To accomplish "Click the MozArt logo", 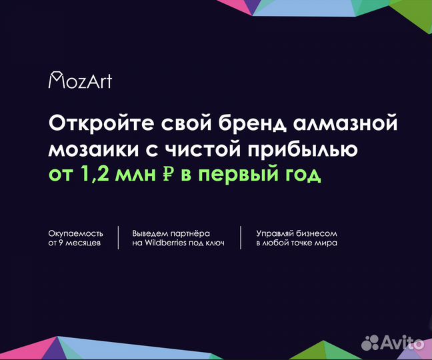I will pyautogui.click(x=80, y=81).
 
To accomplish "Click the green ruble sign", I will pyautogui.click(x=168, y=175).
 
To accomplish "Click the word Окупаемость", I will pyautogui.click(x=76, y=233).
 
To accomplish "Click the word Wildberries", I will pyautogui.click(x=166, y=243).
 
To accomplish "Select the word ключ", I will pyautogui.click(x=213, y=243).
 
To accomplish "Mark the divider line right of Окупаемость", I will pyautogui.click(x=118, y=238).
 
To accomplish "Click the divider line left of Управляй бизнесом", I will pyautogui.click(x=241, y=238).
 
